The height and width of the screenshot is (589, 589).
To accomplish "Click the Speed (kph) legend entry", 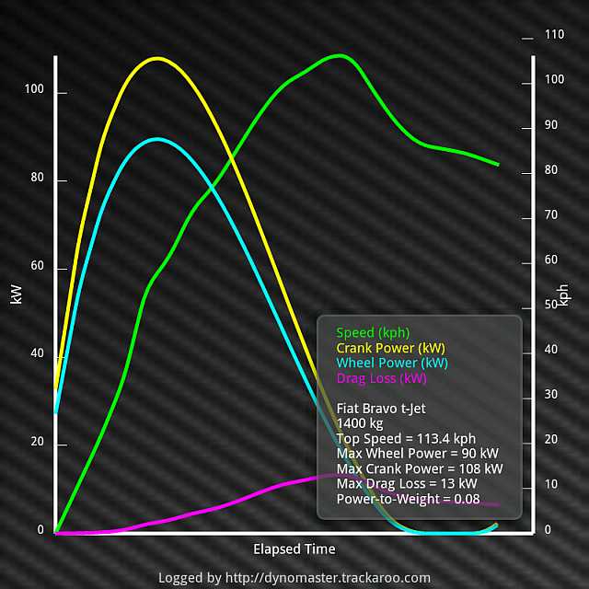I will click(x=373, y=332).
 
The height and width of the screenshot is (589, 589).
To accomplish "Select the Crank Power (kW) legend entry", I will click(x=390, y=348).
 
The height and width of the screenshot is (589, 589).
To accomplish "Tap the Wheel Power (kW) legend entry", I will click(x=392, y=363).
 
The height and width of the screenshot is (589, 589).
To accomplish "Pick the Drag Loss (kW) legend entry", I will click(x=381, y=378).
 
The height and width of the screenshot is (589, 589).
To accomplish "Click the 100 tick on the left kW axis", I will click(x=33, y=92).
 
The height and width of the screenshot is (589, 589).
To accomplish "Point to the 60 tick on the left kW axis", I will click(x=36, y=268).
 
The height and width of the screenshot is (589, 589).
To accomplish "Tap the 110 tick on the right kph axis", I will click(x=554, y=34).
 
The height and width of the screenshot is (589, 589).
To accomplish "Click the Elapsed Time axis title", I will click(x=294, y=549).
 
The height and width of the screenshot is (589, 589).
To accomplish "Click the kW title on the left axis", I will click(x=16, y=294).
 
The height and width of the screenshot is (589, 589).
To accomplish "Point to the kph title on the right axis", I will click(x=563, y=294).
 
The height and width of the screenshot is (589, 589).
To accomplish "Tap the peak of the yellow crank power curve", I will click(x=157, y=59).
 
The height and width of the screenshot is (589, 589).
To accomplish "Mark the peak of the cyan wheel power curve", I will click(x=157, y=139).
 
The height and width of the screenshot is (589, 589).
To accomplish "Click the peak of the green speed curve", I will click(x=340, y=55).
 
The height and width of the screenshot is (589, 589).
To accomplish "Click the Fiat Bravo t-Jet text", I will click(x=381, y=408).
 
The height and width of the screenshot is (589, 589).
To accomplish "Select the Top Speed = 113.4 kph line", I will click(x=407, y=438).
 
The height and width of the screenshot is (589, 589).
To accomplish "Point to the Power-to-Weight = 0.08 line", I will click(x=409, y=499).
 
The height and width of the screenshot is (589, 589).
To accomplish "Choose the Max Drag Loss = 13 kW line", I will click(x=407, y=483).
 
